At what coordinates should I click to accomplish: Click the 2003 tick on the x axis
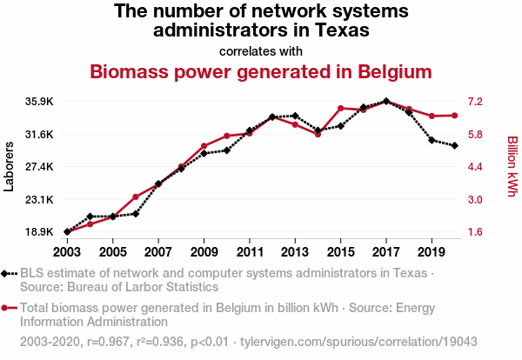tap(67, 251)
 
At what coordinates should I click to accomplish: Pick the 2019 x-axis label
tap(432, 251)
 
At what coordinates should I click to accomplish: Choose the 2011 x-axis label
tap(250, 251)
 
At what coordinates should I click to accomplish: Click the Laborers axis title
tap(10, 165)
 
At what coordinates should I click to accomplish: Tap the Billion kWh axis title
tap(512, 165)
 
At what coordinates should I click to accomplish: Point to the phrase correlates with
tap(260, 50)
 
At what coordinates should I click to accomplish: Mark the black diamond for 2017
tap(386, 102)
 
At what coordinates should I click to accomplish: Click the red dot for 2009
tap(204, 146)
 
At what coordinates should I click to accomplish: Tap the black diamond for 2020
tap(455, 145)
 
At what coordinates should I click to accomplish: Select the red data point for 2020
tap(455, 115)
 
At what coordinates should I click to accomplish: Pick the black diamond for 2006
tap(136, 214)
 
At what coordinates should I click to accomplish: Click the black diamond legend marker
tap(7, 274)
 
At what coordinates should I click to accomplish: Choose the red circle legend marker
tap(7, 307)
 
